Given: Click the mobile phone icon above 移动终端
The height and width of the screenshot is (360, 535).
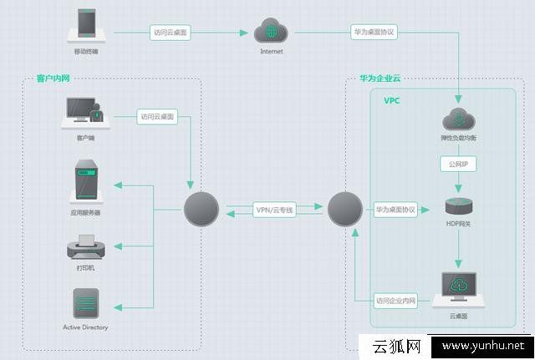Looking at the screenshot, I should pyautogui.click(x=87, y=24).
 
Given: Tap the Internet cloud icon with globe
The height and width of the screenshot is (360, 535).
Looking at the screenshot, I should pyautogui.click(x=271, y=32).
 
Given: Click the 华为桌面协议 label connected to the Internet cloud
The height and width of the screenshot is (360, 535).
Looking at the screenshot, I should pyautogui.click(x=374, y=33).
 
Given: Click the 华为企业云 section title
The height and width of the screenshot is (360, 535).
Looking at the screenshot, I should pyautogui.click(x=380, y=79).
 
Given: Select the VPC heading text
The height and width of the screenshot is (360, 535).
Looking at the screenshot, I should pyautogui.click(x=393, y=100).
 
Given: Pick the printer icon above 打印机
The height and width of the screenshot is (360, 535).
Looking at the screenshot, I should pyautogui.click(x=86, y=248).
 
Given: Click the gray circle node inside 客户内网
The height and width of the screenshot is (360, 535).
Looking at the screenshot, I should pyautogui.click(x=201, y=209).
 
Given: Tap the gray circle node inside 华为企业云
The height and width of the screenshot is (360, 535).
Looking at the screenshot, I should pyautogui.click(x=344, y=209).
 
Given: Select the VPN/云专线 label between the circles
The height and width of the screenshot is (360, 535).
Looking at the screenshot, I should pyautogui.click(x=274, y=210).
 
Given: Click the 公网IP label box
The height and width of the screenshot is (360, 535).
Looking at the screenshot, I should pyautogui.click(x=457, y=165).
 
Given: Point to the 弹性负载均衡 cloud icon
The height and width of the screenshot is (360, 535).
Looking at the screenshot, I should pyautogui.click(x=458, y=119).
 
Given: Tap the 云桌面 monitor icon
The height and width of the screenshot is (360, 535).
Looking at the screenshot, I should pyautogui.click(x=458, y=287).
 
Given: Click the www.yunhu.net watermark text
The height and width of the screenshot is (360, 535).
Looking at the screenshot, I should pyautogui.click(x=482, y=347).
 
